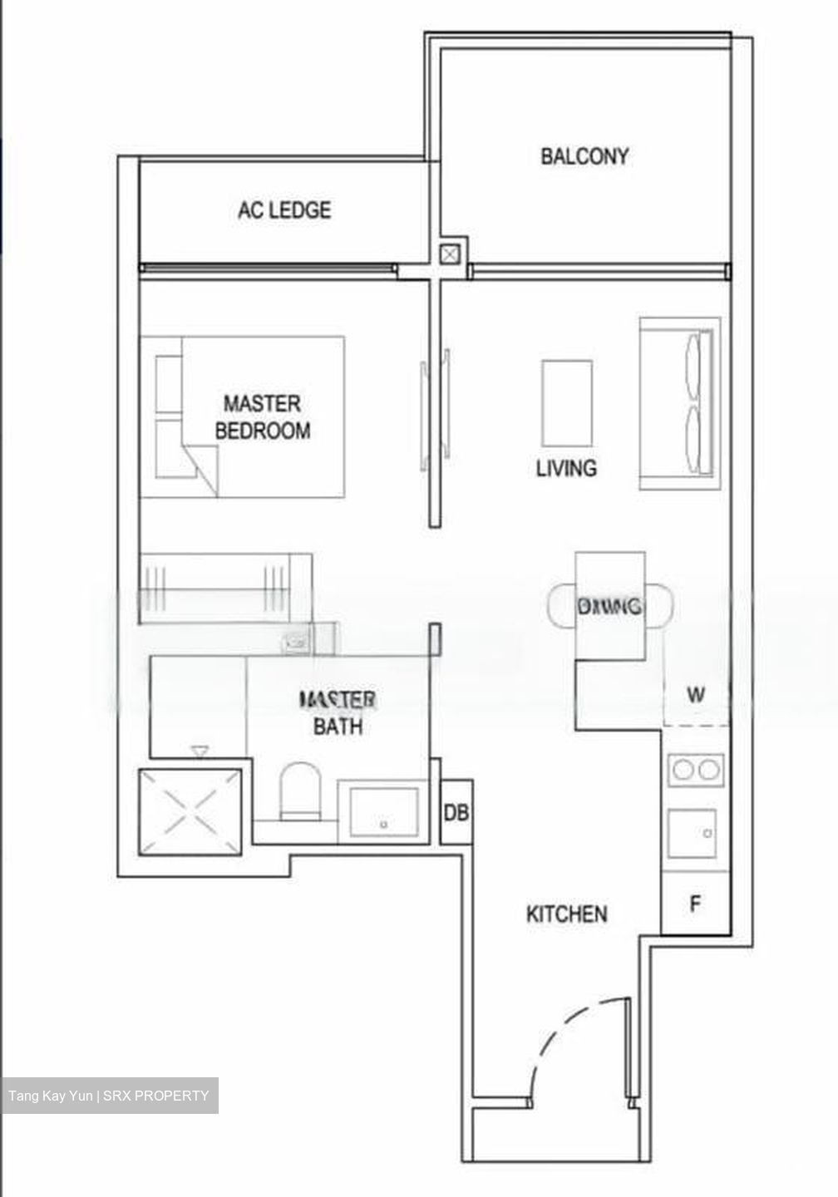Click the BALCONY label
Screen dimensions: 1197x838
(x=584, y=156)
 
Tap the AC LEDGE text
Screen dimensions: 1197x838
(x=284, y=209)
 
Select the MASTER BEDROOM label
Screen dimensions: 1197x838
(x=262, y=417)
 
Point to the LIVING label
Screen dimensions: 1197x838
(x=566, y=468)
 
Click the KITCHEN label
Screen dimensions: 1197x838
(x=567, y=914)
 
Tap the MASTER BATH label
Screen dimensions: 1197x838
(x=338, y=713)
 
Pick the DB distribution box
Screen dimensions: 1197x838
(x=456, y=812)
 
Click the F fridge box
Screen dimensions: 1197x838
(x=695, y=904)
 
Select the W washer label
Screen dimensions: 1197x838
(x=696, y=694)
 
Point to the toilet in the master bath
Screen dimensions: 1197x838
(x=300, y=792)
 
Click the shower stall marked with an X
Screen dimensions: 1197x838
(x=191, y=811)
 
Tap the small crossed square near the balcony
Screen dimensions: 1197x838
(x=450, y=254)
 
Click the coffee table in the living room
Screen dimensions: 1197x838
(x=567, y=403)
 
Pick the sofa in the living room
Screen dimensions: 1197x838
(x=679, y=404)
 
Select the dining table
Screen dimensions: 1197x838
(x=610, y=606)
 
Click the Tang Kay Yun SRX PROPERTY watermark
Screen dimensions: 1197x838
(x=109, y=1096)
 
